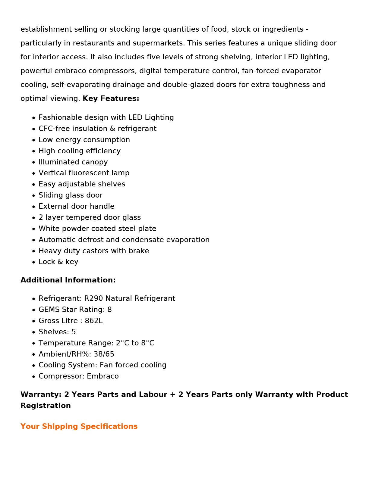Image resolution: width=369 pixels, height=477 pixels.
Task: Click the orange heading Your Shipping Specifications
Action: (x=79, y=426)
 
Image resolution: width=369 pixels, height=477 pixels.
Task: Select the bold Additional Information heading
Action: (x=68, y=280)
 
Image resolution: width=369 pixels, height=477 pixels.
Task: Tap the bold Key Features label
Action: (x=111, y=98)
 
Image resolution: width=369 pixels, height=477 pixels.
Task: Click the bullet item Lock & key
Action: (x=58, y=262)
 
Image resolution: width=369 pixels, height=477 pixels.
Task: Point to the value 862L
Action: (x=93, y=321)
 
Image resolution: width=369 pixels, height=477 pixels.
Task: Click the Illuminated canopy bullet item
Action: (x=73, y=162)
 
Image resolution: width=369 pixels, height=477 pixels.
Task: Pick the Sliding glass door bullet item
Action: (x=71, y=195)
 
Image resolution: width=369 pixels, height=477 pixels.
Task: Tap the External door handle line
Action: (x=76, y=206)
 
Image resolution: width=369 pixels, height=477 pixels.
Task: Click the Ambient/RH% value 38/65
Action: (x=104, y=354)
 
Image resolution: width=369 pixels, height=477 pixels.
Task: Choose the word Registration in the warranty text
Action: (x=46, y=406)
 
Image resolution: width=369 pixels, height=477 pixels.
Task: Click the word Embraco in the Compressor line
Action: (x=103, y=376)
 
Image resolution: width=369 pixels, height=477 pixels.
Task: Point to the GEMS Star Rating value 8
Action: (x=109, y=310)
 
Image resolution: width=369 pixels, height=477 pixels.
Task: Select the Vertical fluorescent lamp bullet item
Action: (x=84, y=173)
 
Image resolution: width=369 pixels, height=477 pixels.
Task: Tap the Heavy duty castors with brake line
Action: (x=94, y=251)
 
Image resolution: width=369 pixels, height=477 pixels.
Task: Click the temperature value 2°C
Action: (x=122, y=343)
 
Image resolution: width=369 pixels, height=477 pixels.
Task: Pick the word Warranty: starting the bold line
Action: (x=41, y=394)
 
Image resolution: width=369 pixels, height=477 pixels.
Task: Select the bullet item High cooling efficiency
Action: (x=80, y=151)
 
